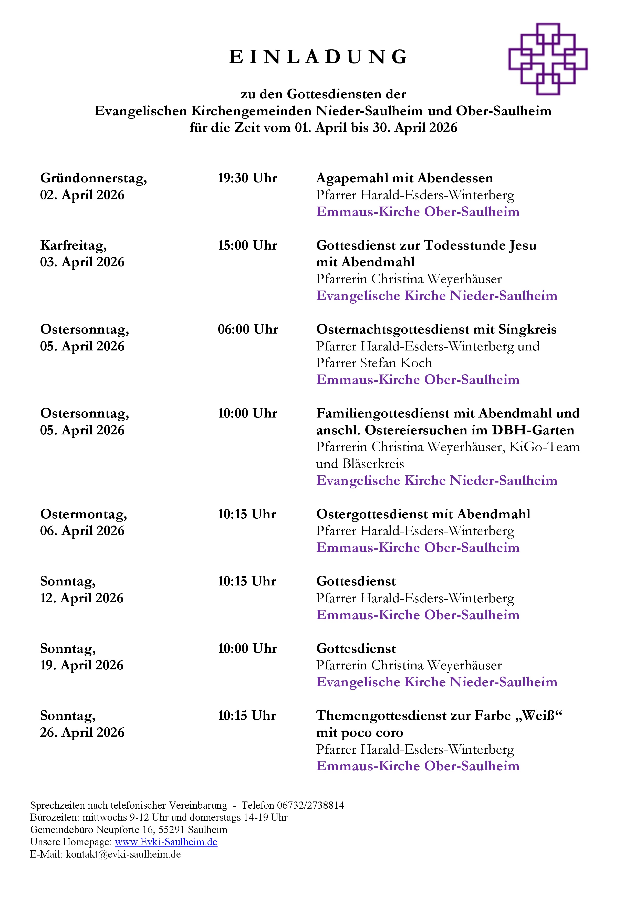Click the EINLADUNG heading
click(x=318, y=57)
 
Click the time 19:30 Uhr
click(x=247, y=178)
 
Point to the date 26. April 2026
click(x=82, y=733)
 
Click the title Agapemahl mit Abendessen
click(x=404, y=178)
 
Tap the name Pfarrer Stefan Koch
click(x=374, y=363)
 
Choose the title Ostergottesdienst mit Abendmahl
click(x=423, y=514)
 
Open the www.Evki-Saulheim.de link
click(x=166, y=842)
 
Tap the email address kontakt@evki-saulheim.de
click(x=123, y=854)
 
